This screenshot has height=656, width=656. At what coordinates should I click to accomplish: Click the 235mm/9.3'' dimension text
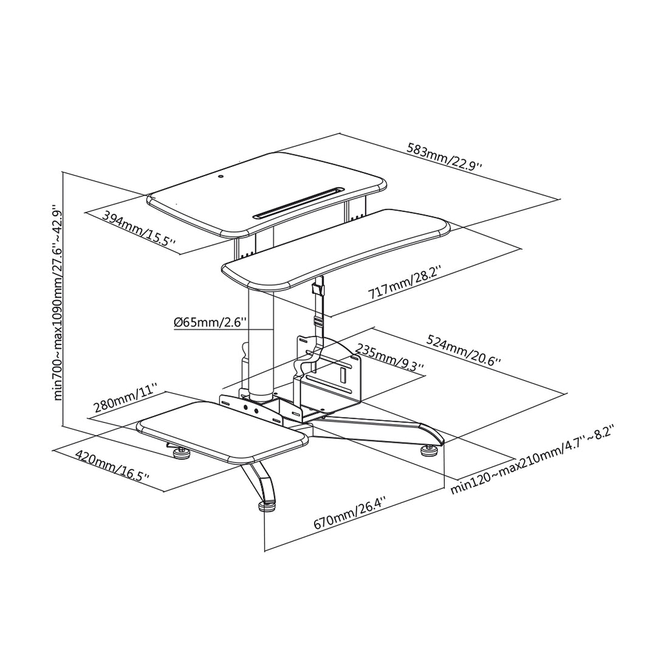coord(389,357)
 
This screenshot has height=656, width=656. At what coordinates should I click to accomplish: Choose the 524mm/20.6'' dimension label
coord(463,351)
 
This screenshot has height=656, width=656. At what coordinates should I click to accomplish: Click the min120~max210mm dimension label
coord(532,460)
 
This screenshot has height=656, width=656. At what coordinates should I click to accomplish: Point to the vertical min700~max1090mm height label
coord(56,302)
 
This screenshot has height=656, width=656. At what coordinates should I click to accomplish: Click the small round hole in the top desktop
coord(221,177)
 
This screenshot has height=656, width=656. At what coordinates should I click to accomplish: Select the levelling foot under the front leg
coord(265,505)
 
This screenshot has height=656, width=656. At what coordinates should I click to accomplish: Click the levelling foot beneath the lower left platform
coord(180,453)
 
